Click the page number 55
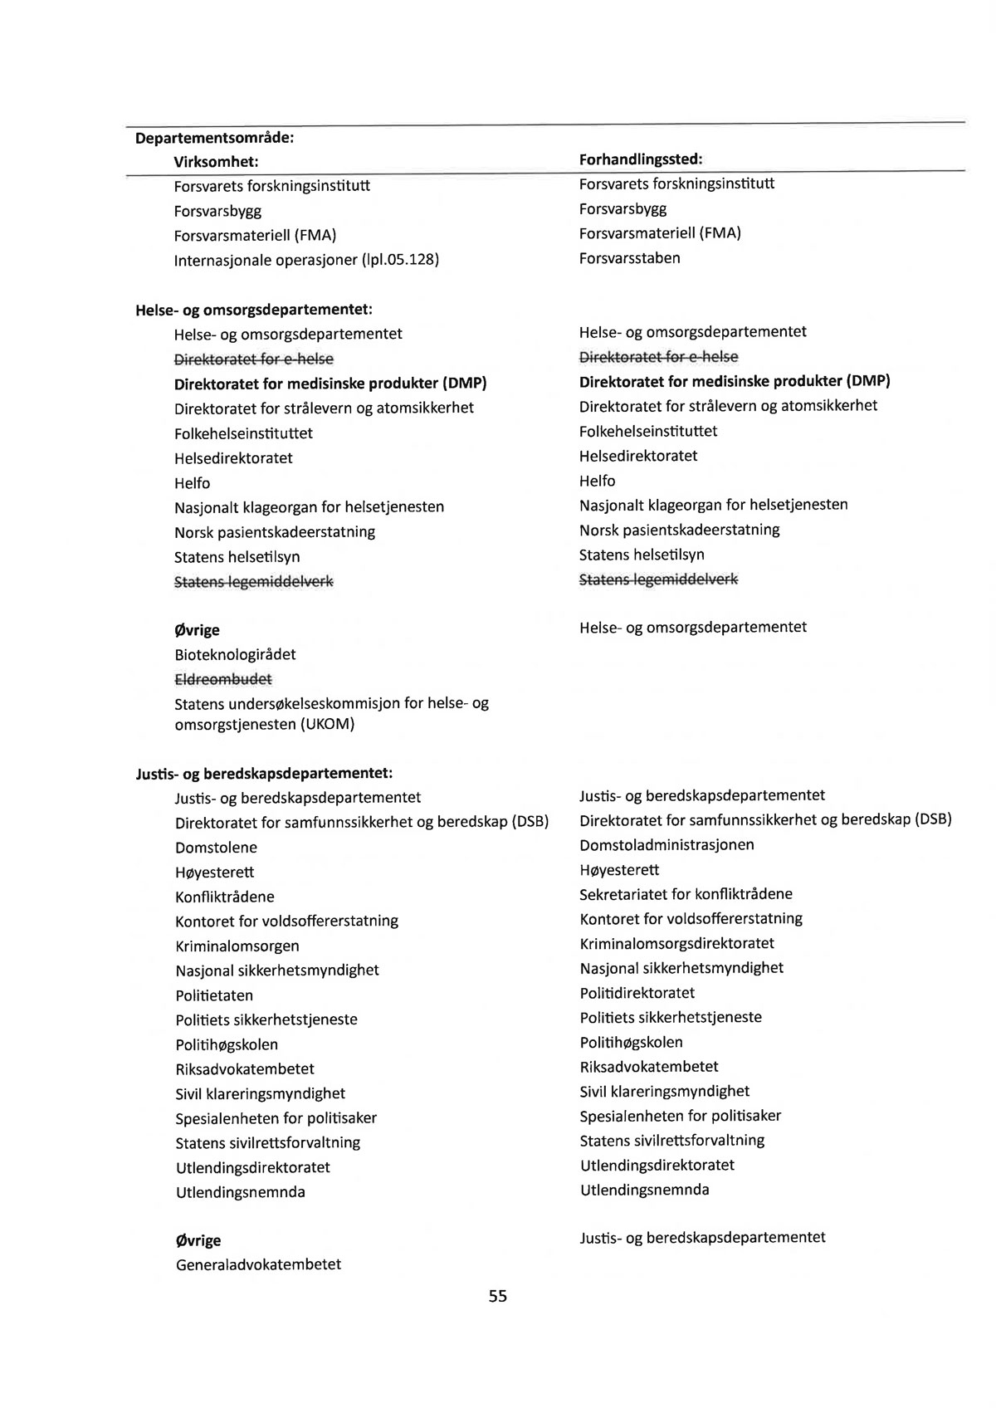tap(497, 1296)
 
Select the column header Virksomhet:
tap(216, 161)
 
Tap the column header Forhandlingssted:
tap(640, 159)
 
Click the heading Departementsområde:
tap(215, 137)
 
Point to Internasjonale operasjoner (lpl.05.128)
tap(306, 260)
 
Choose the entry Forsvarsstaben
tap(629, 258)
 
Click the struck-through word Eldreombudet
tap(222, 679)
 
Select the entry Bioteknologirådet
tap(235, 654)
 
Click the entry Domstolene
tap(216, 848)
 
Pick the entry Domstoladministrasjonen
tap(666, 845)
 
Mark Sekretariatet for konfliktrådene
tap(686, 894)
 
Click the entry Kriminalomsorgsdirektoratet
tap(676, 943)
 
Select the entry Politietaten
tap(214, 995)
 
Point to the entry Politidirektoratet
tap(637, 993)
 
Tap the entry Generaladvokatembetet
tap(258, 1264)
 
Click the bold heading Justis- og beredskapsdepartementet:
tap(263, 774)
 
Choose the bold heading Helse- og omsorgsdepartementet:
tap(253, 310)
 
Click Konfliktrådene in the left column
tap(224, 897)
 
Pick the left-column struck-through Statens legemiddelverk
tap(253, 582)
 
